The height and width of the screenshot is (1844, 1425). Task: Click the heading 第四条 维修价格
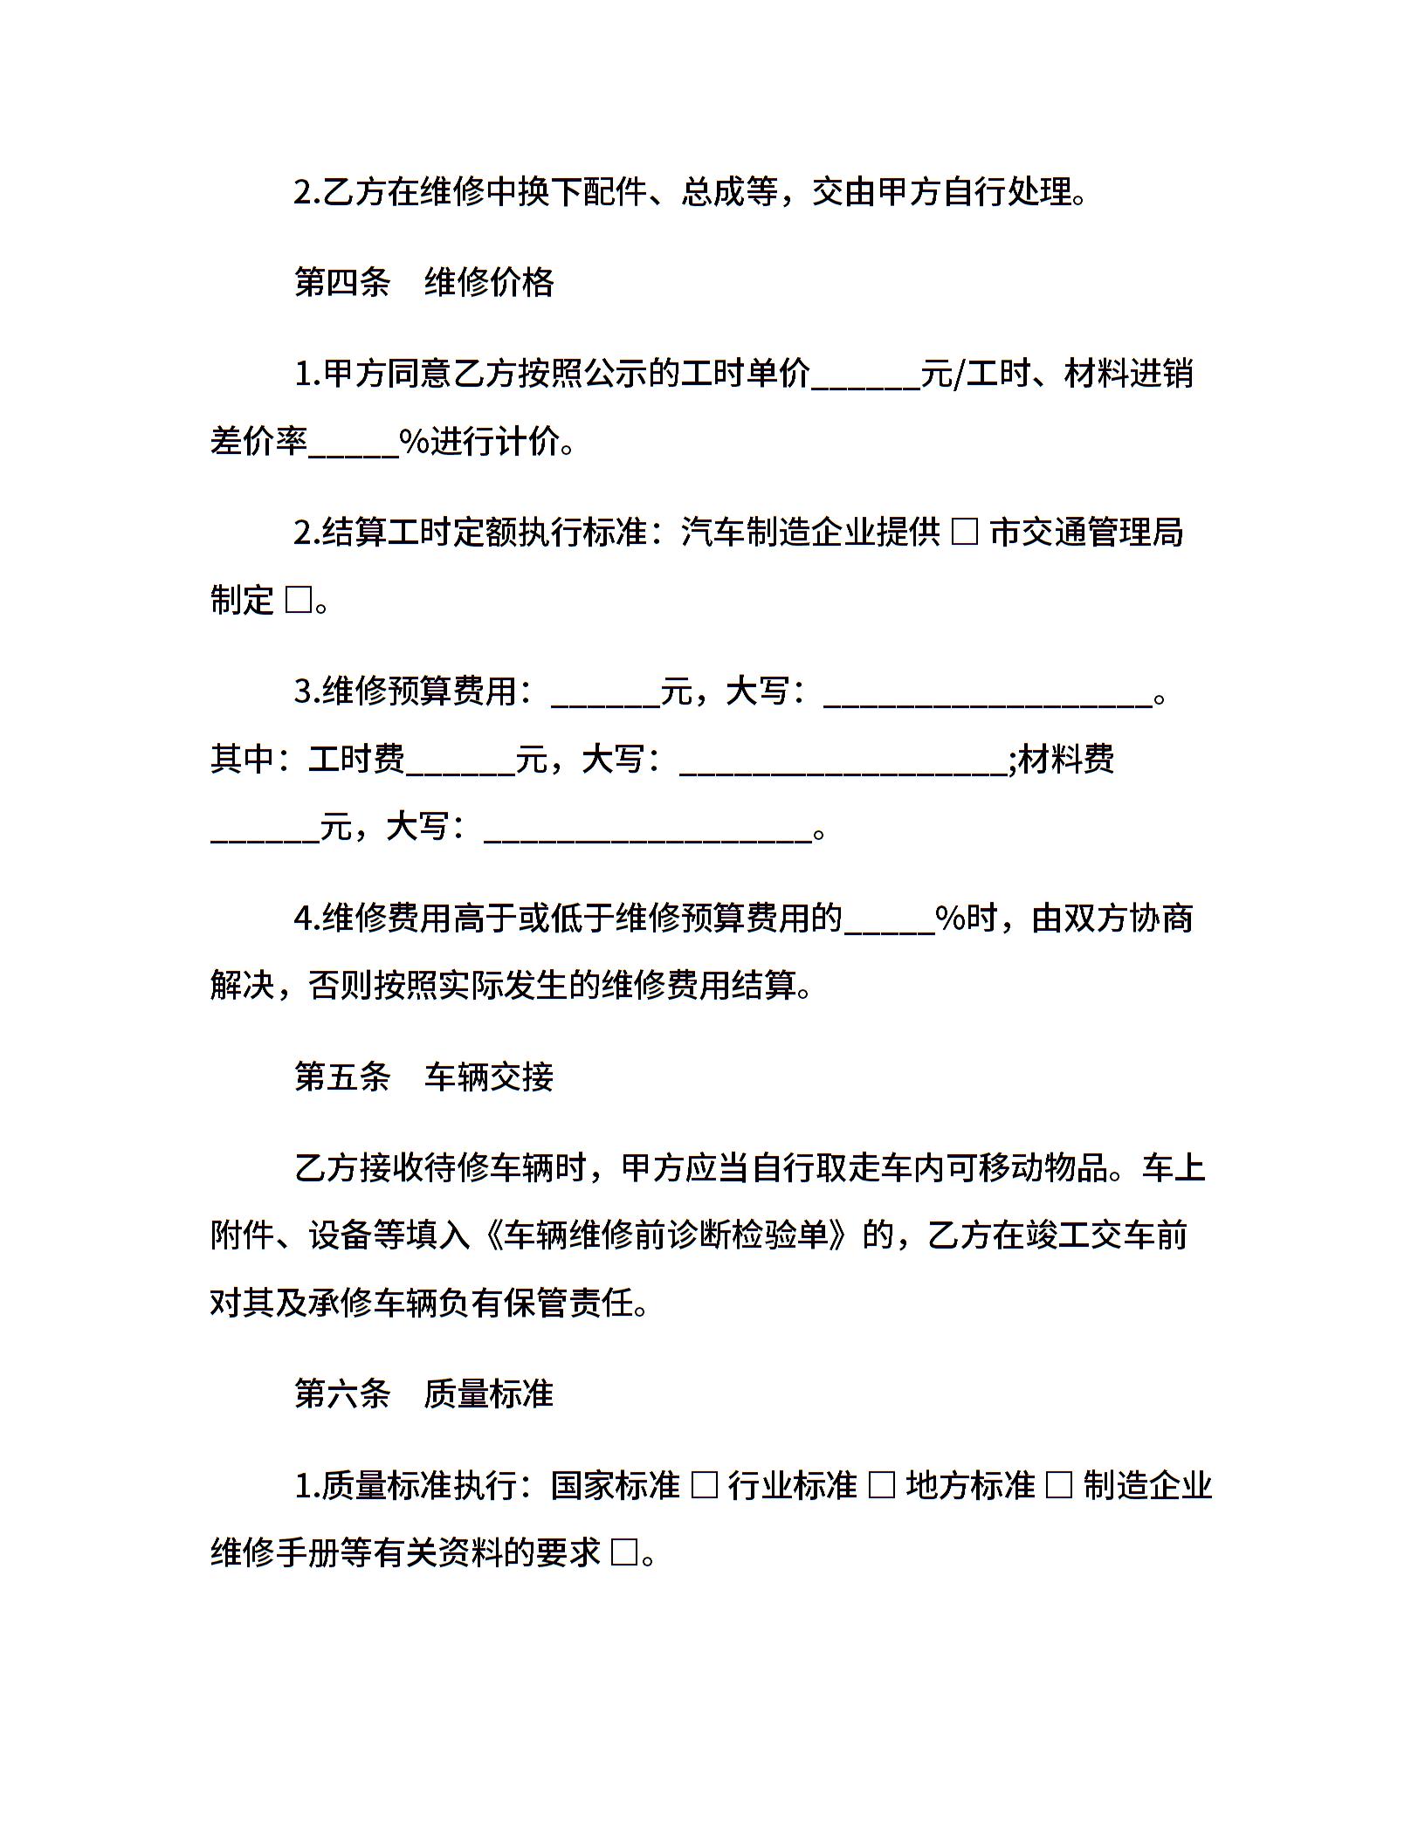[x=423, y=283]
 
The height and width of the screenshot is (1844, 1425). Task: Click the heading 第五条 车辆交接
[x=423, y=1077]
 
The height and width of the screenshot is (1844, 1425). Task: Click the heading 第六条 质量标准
[x=423, y=1393]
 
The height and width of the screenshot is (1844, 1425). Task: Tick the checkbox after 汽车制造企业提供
[x=964, y=532]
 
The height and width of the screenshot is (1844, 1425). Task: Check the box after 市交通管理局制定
[x=298, y=601]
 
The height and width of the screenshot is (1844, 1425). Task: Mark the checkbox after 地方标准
[x=1058, y=1485]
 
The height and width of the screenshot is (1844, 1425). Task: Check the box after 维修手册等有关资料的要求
[x=624, y=1553]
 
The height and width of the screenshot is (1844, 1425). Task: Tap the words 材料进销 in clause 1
[x=1128, y=374]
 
